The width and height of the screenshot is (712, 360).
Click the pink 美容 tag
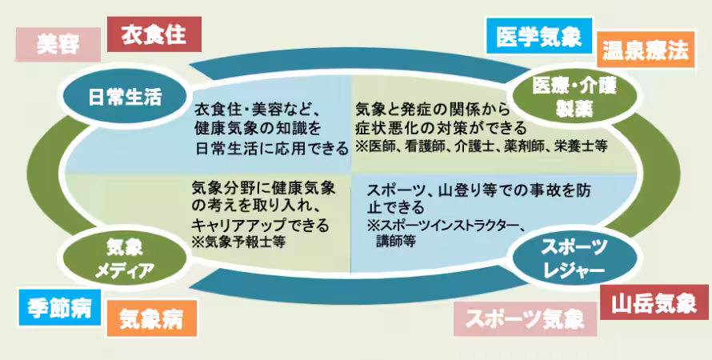(x=58, y=45)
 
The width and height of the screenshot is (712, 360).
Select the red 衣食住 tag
(x=154, y=35)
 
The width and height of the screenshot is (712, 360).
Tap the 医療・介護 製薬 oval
(x=573, y=97)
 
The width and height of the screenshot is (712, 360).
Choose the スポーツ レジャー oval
(x=573, y=258)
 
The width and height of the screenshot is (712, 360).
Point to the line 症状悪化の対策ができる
(x=441, y=128)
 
